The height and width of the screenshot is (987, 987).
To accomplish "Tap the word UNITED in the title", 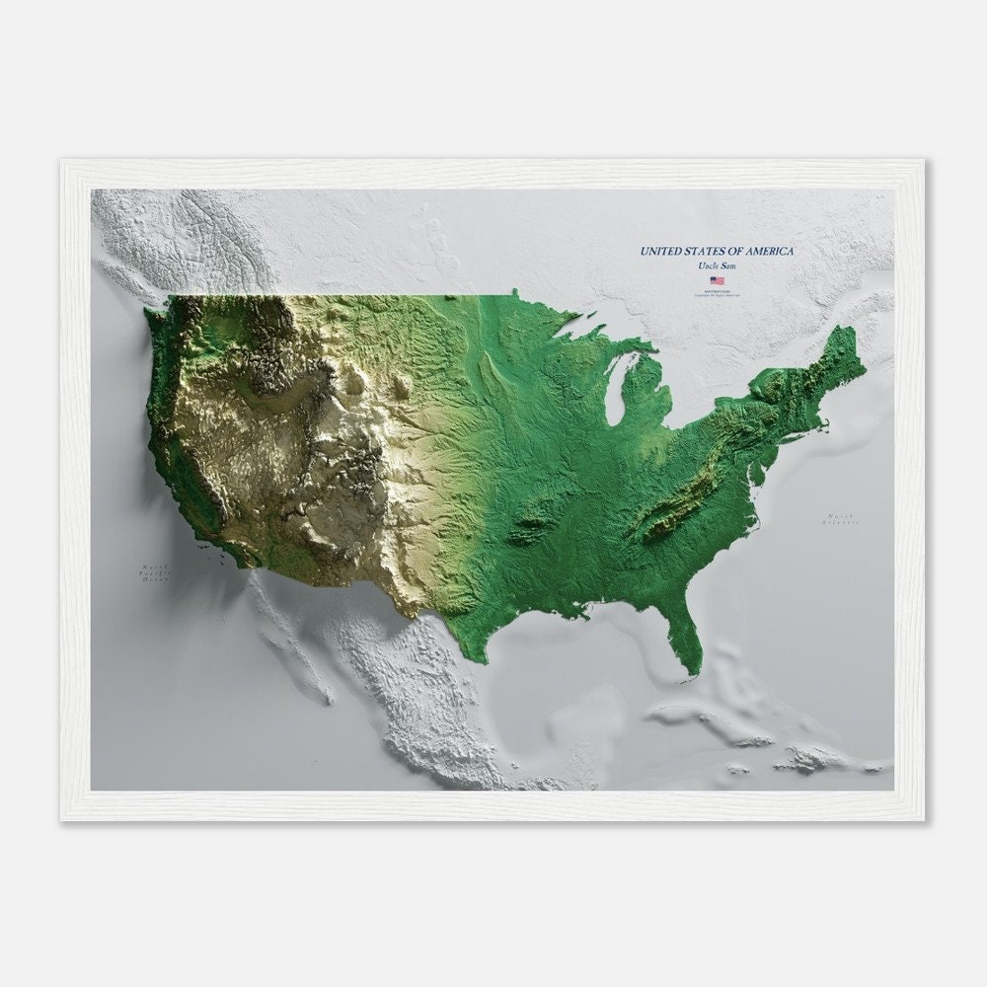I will coord(663,252).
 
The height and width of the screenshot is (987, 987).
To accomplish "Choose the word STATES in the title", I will coord(713,252).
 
